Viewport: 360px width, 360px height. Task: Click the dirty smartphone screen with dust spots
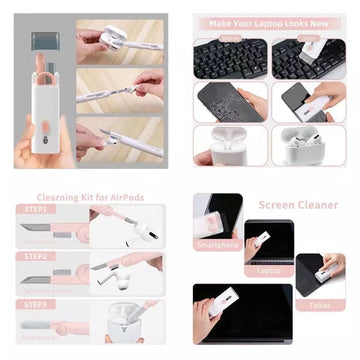pyautogui.click(x=228, y=101)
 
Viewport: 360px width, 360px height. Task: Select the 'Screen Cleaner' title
pyautogui.click(x=298, y=204)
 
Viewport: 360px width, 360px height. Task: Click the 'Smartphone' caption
pyautogui.click(x=219, y=243)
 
